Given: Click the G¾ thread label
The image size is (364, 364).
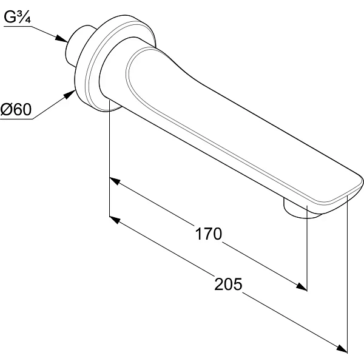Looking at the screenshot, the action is tap(18, 17).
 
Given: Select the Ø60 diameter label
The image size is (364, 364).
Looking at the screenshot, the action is tap(16, 109).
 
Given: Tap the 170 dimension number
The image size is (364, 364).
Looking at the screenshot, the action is tap(209, 234).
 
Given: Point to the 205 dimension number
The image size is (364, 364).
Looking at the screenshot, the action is tap(228, 284).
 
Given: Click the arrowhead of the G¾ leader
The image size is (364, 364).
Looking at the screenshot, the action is tap(62, 39).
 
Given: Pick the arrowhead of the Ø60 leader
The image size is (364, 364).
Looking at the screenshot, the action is tap(70, 94).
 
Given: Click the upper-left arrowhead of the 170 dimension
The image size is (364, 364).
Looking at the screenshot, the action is tap(115, 181).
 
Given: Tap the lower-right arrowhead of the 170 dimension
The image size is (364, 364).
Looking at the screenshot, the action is tap(302, 286).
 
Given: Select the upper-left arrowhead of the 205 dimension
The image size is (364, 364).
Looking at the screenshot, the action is tap(115, 220).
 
